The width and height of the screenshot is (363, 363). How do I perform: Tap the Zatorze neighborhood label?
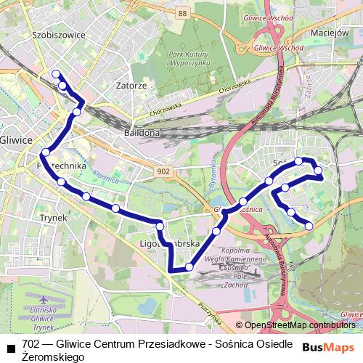point(131,85)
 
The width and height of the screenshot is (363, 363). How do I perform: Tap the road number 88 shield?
point(181,13)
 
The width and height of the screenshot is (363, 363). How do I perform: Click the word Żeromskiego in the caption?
point(52,357)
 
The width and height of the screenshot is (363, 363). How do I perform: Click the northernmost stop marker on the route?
point(55,73)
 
